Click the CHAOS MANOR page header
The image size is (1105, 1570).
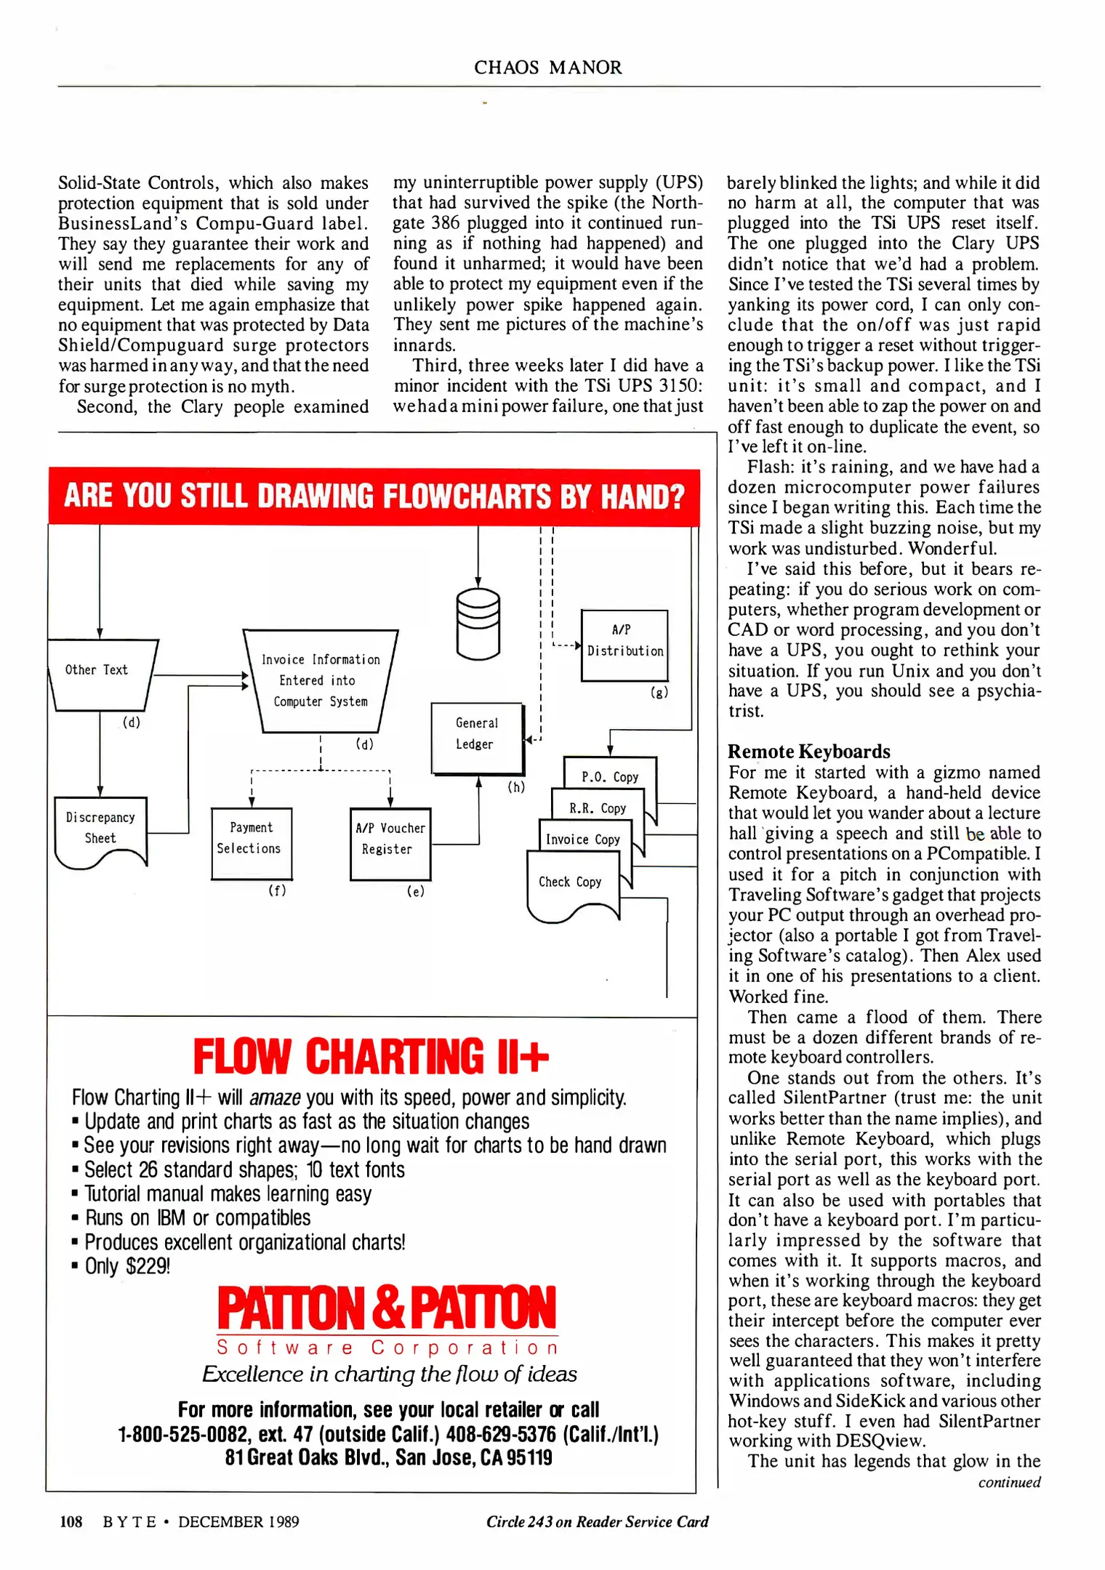pyautogui.click(x=547, y=68)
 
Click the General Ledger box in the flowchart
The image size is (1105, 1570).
pyautogui.click(x=477, y=737)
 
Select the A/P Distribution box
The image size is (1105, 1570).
pyautogui.click(x=624, y=645)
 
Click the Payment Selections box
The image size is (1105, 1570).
pyautogui.click(x=251, y=842)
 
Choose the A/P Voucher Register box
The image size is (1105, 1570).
pyautogui.click(x=390, y=843)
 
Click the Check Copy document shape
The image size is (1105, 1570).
pyautogui.click(x=571, y=886)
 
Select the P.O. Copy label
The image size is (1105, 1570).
pyautogui.click(x=609, y=777)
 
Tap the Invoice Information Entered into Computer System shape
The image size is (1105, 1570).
pyautogui.click(x=321, y=680)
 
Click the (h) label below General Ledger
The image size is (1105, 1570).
pyautogui.click(x=515, y=787)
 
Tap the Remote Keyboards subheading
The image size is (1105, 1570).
pyautogui.click(x=808, y=752)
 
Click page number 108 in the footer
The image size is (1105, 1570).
pyautogui.click(x=71, y=1521)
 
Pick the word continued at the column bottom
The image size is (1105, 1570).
pyautogui.click(x=1009, y=1482)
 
